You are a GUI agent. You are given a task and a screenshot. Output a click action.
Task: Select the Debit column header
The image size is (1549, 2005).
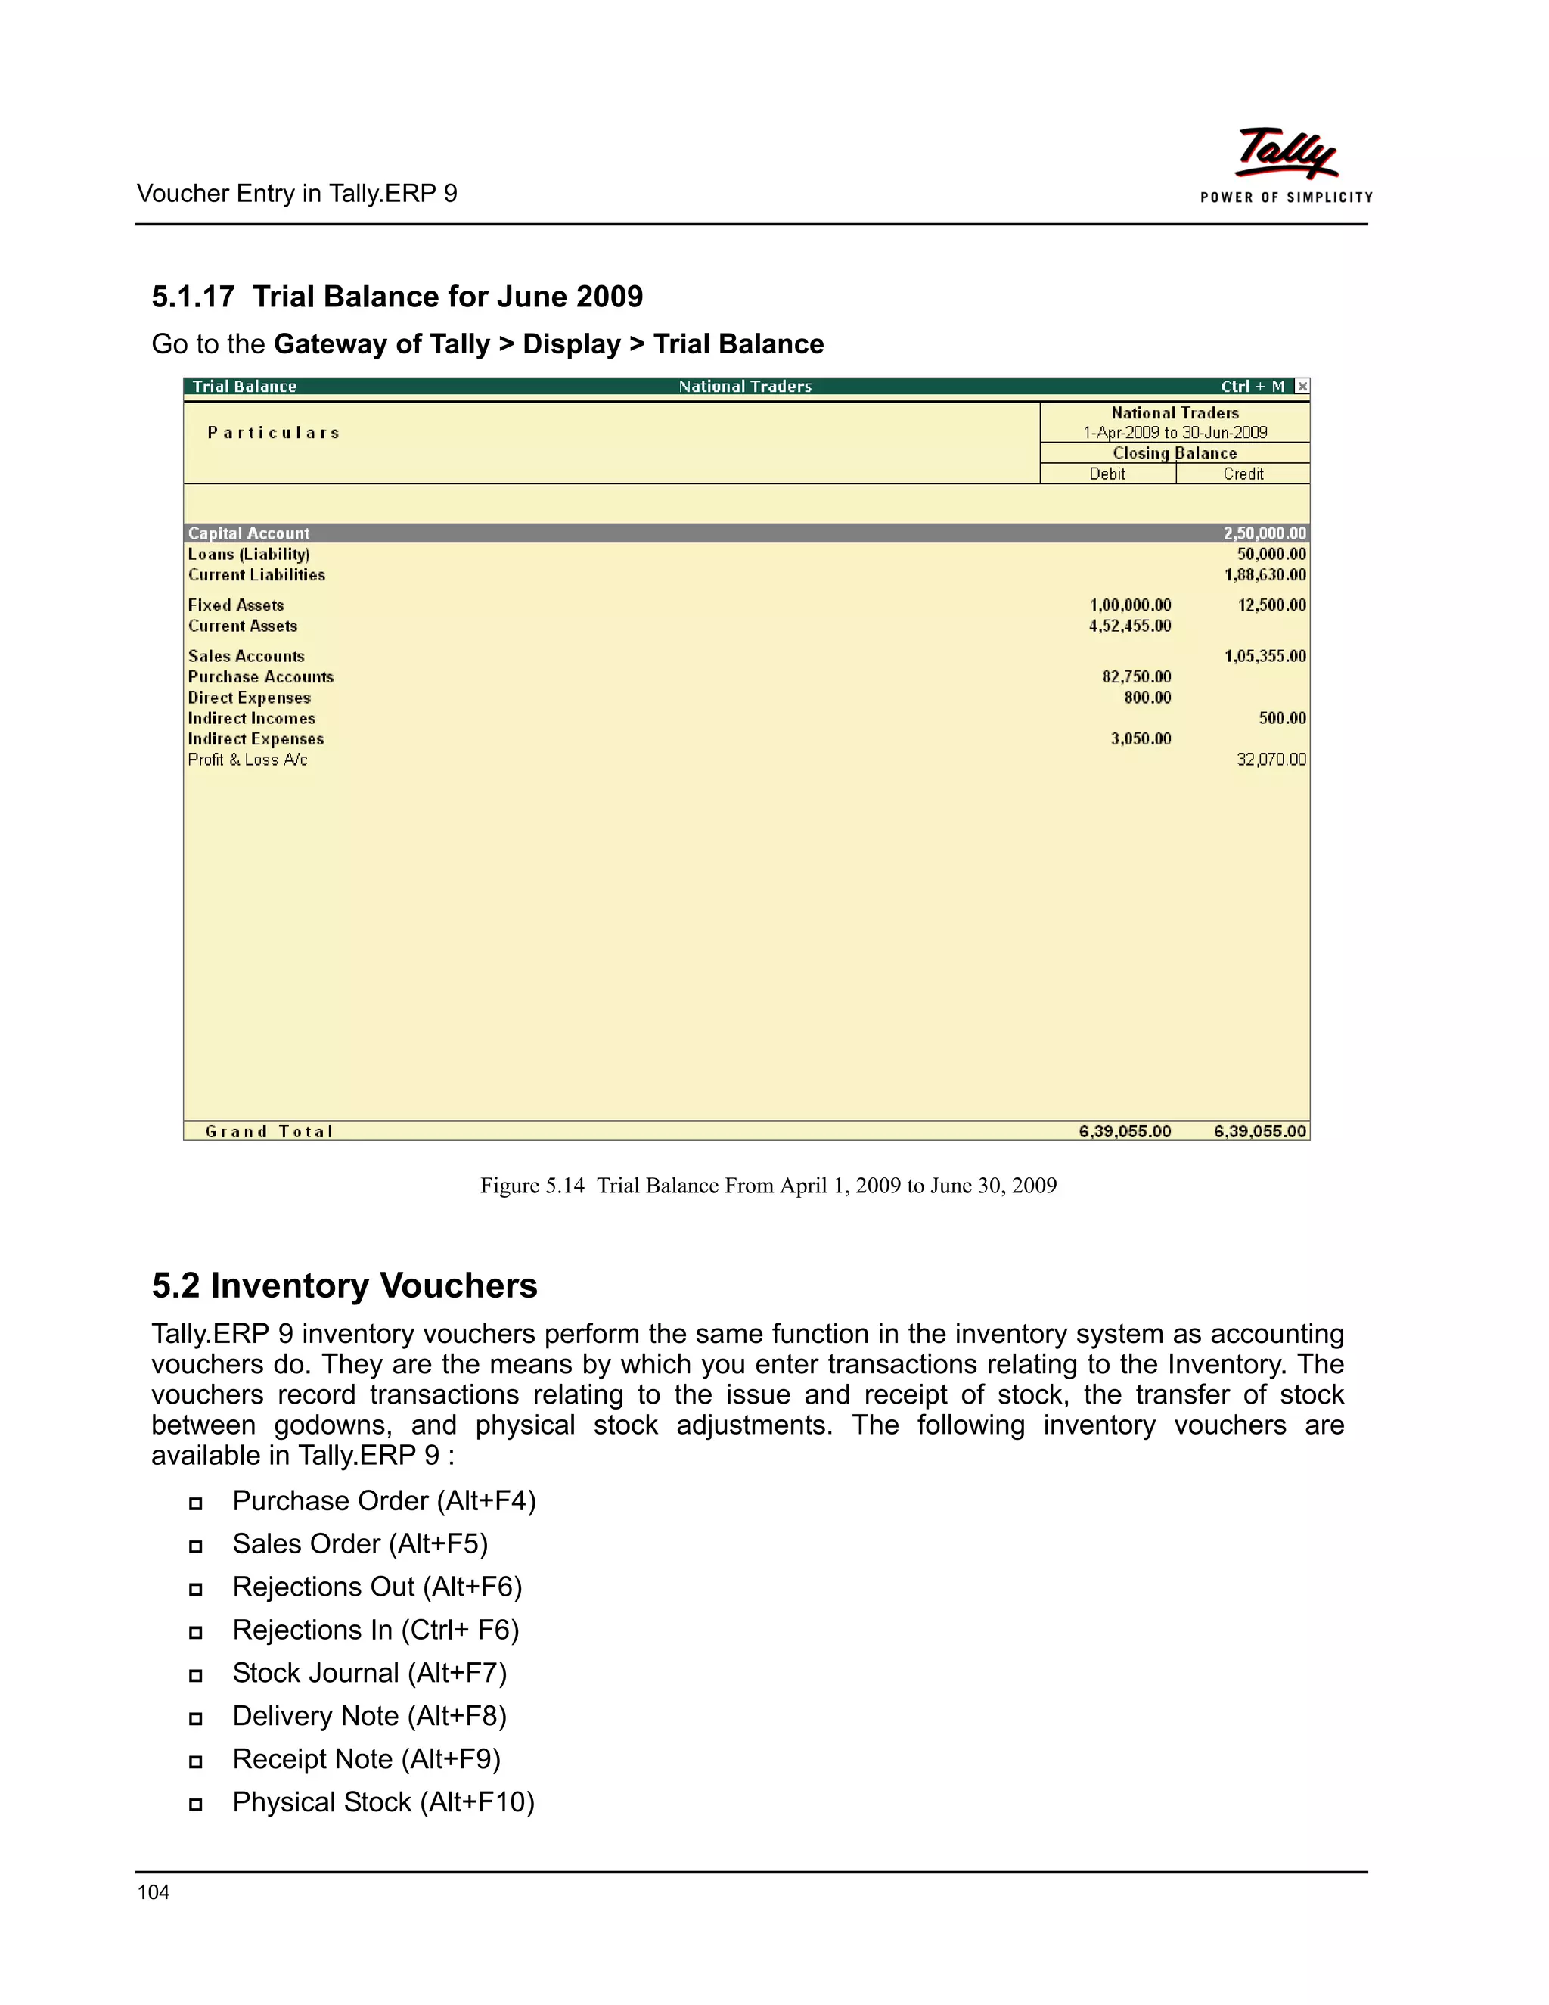point(1107,474)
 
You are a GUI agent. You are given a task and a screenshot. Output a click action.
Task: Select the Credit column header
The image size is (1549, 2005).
point(1243,474)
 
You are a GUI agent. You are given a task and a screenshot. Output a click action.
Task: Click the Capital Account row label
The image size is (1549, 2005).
point(249,533)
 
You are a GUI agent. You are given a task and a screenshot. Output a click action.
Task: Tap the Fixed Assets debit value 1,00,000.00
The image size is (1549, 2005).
point(1130,605)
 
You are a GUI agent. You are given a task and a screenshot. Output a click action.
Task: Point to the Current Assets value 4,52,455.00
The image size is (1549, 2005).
point(1130,626)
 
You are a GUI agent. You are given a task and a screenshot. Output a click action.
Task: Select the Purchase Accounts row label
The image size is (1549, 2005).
point(261,676)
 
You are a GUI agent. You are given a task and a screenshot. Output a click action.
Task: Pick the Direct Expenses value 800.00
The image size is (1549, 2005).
point(1147,698)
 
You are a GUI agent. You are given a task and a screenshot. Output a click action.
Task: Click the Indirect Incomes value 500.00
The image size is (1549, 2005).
point(1282,718)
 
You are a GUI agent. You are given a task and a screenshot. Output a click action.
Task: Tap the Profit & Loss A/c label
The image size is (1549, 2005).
point(248,760)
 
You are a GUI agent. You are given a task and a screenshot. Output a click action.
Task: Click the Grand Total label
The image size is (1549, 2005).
point(269,1131)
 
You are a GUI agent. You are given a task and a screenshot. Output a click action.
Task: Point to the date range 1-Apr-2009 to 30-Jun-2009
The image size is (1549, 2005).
point(1175,432)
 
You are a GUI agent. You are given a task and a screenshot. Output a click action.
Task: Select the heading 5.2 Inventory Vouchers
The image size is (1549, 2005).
point(344,1285)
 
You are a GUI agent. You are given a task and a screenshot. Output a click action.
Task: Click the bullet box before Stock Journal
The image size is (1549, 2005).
point(195,1675)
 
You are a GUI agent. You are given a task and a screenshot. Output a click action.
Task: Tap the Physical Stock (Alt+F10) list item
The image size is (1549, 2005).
point(383,1802)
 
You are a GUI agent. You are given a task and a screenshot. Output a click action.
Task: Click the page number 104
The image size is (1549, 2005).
point(154,1892)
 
